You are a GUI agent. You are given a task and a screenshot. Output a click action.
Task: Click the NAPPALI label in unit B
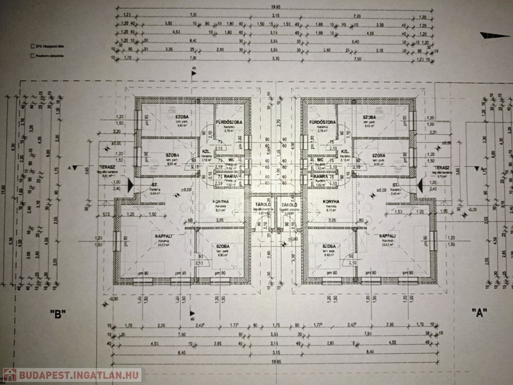point(150,236)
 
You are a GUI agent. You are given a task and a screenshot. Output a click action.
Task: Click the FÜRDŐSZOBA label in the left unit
point(229,122)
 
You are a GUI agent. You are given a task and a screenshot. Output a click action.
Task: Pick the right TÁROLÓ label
point(289,205)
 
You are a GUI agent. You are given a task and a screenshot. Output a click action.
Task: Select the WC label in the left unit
point(231,160)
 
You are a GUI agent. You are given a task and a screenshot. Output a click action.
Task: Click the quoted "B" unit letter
point(58,313)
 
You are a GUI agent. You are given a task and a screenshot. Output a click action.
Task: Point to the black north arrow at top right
point(494,36)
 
